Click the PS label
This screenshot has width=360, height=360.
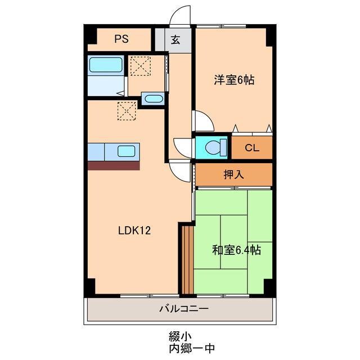(x=121, y=39)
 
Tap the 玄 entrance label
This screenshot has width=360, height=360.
(x=175, y=40)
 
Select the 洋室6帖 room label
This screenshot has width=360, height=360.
(x=233, y=80)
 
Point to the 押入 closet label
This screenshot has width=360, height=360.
(x=233, y=174)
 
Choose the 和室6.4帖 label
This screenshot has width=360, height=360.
(x=236, y=250)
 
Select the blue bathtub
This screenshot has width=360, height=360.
(x=106, y=65)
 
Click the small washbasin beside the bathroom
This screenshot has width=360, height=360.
(x=152, y=100)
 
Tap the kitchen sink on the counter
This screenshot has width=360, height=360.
(x=126, y=151)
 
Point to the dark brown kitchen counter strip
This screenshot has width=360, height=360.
(x=113, y=165)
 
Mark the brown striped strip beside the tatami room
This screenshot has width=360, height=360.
(x=187, y=259)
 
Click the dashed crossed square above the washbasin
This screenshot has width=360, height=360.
(x=139, y=66)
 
